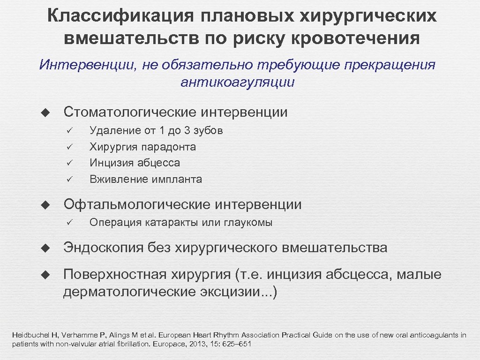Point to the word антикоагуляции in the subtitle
(237, 83)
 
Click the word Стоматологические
(130, 112)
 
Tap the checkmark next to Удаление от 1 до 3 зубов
(68, 130)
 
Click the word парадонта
(166, 147)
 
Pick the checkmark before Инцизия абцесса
(68, 163)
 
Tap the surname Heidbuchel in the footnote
(29, 335)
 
